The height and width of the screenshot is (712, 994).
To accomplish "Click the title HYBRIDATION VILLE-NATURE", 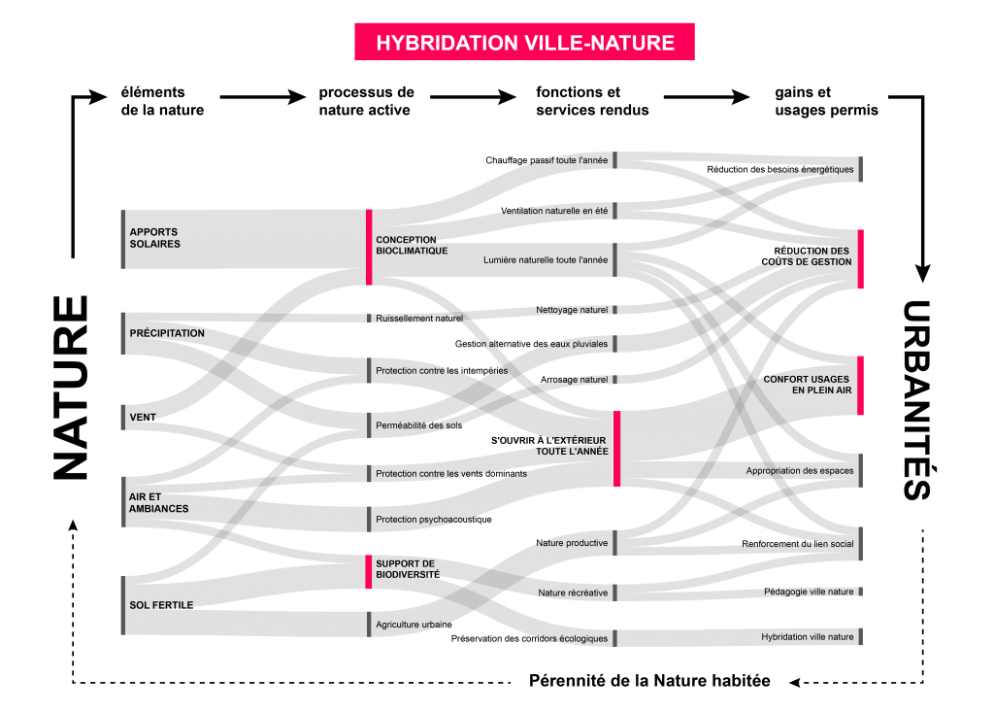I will click(x=524, y=43).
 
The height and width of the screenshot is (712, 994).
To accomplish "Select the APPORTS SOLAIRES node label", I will click(x=155, y=238).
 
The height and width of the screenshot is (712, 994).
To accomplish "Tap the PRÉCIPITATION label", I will click(x=167, y=333).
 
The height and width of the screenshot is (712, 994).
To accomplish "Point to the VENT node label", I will click(x=143, y=418).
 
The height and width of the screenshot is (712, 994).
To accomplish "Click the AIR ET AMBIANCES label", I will click(x=158, y=502).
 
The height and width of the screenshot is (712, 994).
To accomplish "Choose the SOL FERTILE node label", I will click(x=161, y=605).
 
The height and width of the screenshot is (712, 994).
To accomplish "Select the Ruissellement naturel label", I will click(x=419, y=318).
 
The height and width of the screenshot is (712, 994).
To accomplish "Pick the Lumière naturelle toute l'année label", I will click(x=546, y=260).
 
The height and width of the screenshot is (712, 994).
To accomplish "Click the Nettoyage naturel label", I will click(x=572, y=310).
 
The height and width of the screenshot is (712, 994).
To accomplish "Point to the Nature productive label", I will click(x=572, y=543).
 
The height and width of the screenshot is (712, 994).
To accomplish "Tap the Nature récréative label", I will click(x=573, y=593).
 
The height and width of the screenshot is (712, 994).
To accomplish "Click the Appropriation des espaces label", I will click(x=800, y=471).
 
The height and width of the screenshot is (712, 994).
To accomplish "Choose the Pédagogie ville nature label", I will click(x=809, y=592).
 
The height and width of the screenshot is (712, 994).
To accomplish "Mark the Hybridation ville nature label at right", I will click(x=808, y=637).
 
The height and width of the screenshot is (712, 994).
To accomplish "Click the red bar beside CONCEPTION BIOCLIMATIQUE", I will click(x=369, y=247).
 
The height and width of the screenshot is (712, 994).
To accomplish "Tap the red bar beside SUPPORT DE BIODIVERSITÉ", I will click(x=369, y=572).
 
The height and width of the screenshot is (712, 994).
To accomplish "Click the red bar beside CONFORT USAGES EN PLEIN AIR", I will click(x=860, y=385).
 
